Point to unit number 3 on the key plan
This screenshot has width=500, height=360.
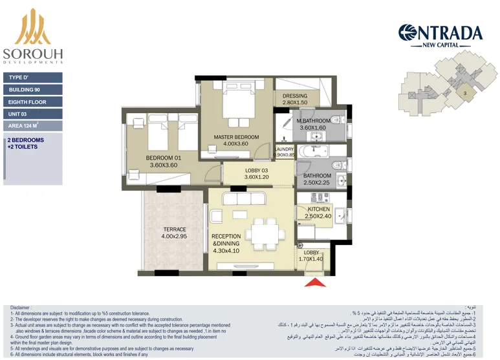tap(465, 94)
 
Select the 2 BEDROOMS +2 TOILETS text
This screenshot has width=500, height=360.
tap(26, 143)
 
